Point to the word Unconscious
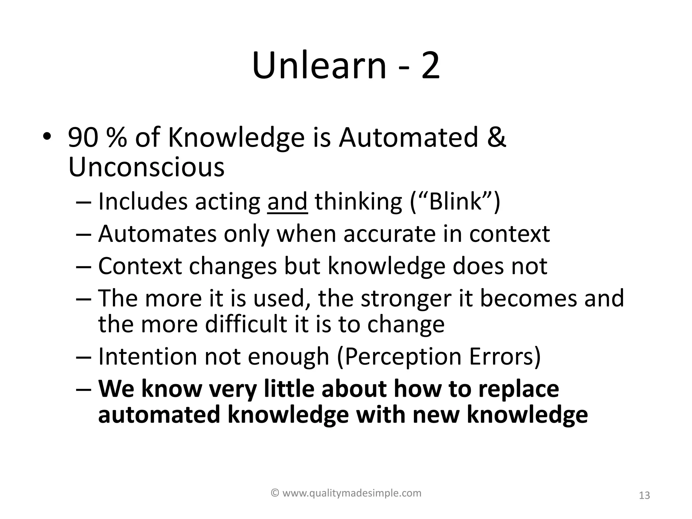point(146,167)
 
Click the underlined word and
point(287,201)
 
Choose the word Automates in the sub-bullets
point(157,234)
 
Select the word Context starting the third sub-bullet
point(140,266)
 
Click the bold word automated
point(159,415)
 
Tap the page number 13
point(644,496)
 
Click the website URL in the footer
point(351,493)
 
